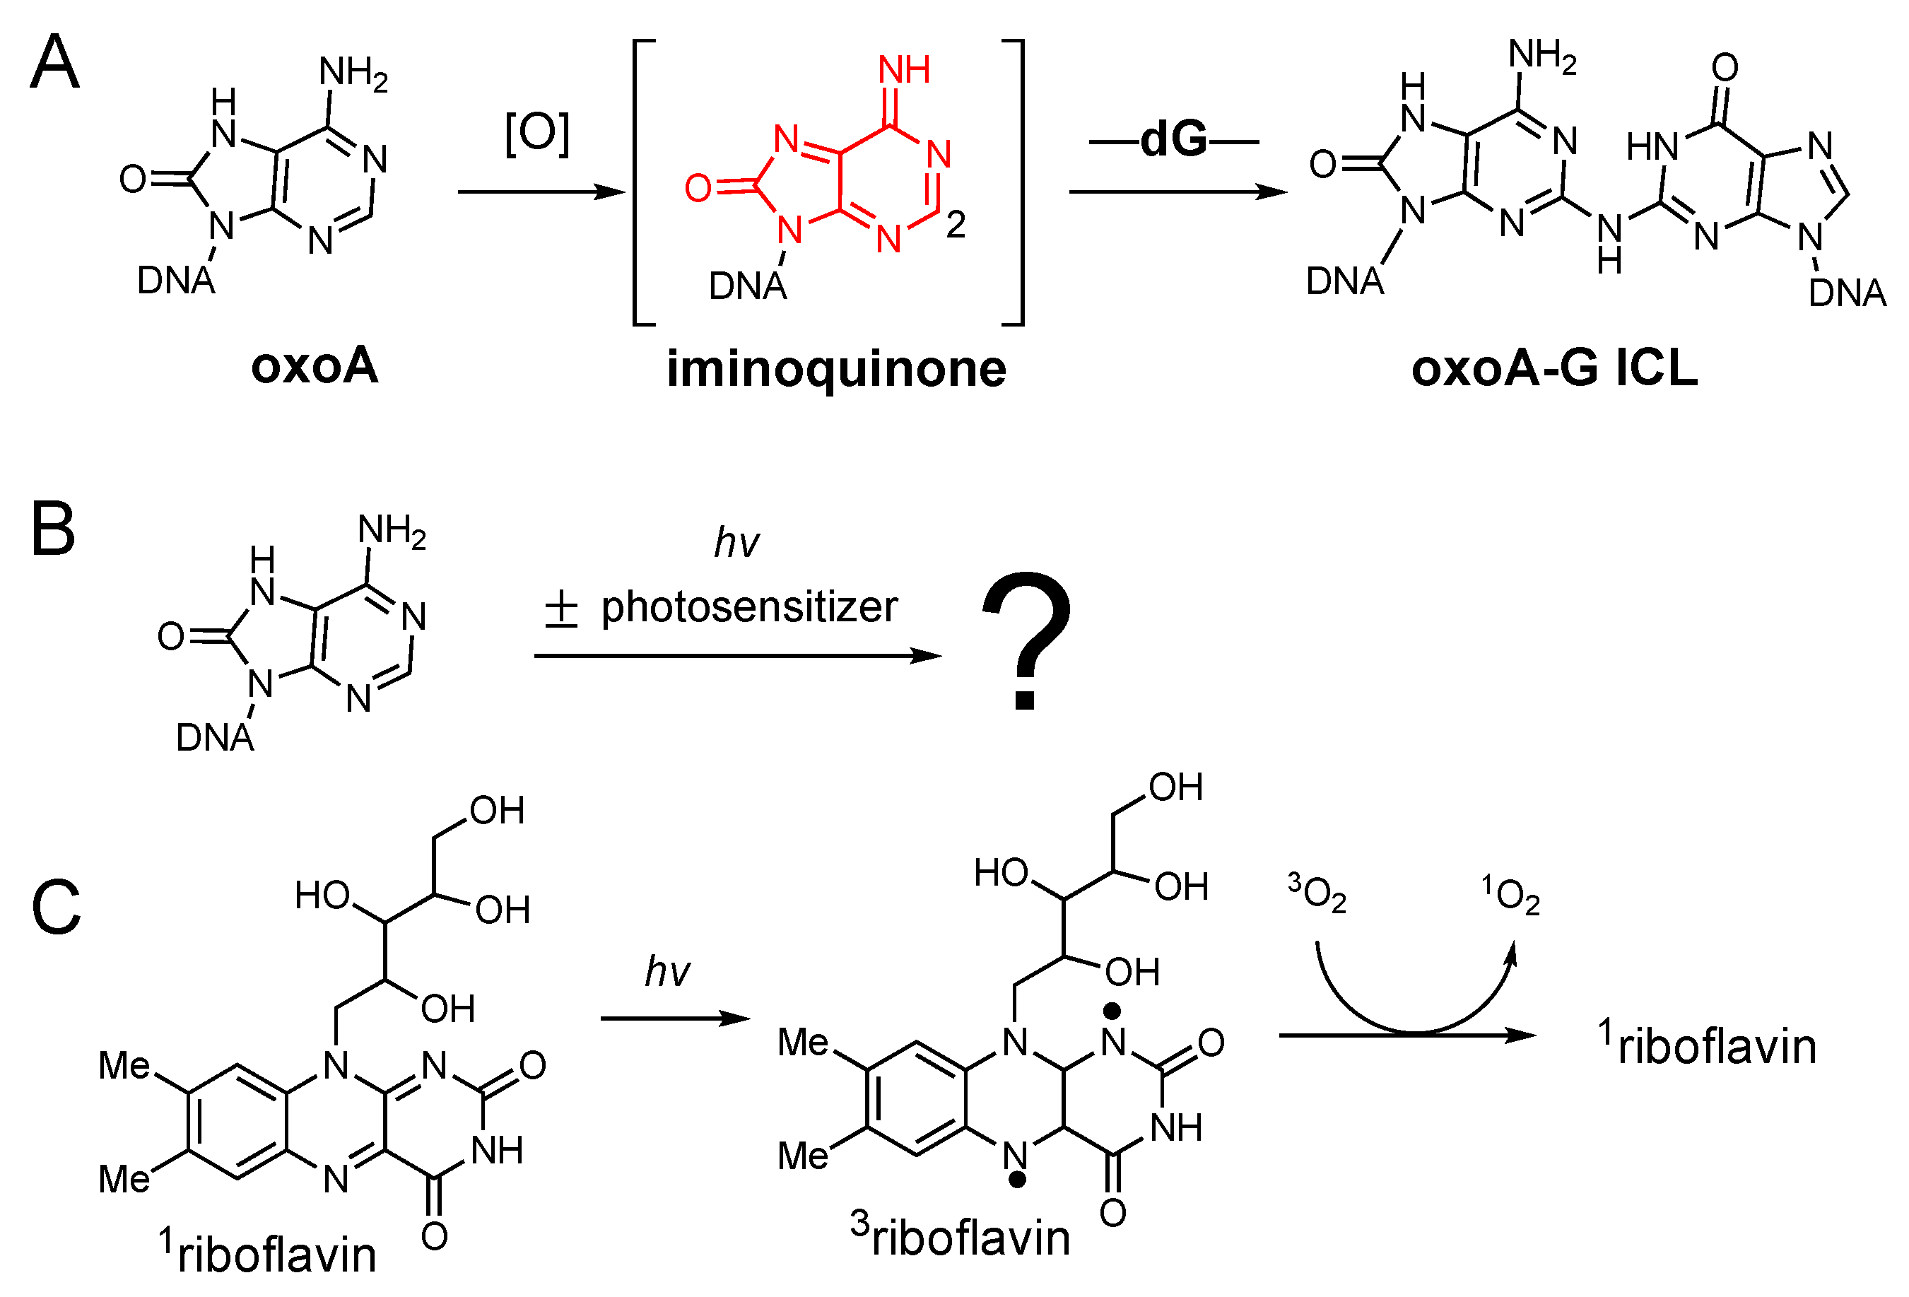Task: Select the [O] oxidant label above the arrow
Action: [537, 133]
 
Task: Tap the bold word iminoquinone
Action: [835, 369]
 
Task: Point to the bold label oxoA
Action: [315, 365]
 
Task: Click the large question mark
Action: [1026, 640]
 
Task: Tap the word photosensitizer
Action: [749, 607]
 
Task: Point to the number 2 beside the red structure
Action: [956, 224]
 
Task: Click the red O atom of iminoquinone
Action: [698, 188]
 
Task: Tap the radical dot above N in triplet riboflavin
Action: [1112, 1009]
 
